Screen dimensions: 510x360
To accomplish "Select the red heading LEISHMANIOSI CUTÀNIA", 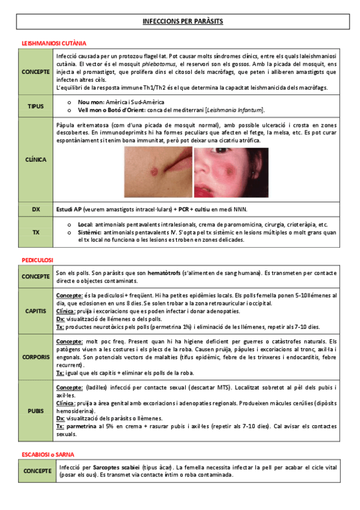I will click(53, 43).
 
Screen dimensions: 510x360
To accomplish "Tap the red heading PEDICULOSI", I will click(37, 259).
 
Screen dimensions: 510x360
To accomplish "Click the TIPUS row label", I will click(35, 106).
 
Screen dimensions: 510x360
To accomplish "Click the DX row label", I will click(35, 209).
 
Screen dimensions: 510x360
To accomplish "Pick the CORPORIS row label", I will click(35, 357).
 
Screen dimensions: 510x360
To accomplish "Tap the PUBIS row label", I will click(35, 411).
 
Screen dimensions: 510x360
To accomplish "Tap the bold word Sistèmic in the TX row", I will click(90, 232).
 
